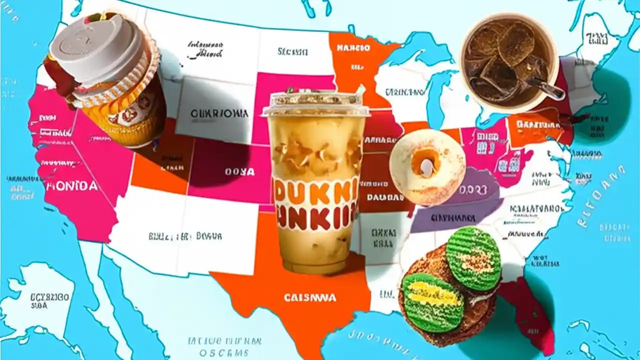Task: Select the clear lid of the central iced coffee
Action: click(314, 102)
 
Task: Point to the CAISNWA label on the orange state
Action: click(310, 297)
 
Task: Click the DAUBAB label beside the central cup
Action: click(384, 197)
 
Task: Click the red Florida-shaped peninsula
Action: click(530, 315)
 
